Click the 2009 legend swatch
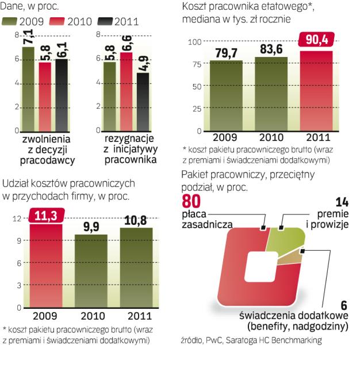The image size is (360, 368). tap(10, 22)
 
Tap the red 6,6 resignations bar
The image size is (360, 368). tap(126, 92)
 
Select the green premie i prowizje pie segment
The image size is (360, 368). tap(290, 238)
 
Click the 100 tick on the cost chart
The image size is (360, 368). tap(196, 42)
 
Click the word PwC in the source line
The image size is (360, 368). tap(212, 340)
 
